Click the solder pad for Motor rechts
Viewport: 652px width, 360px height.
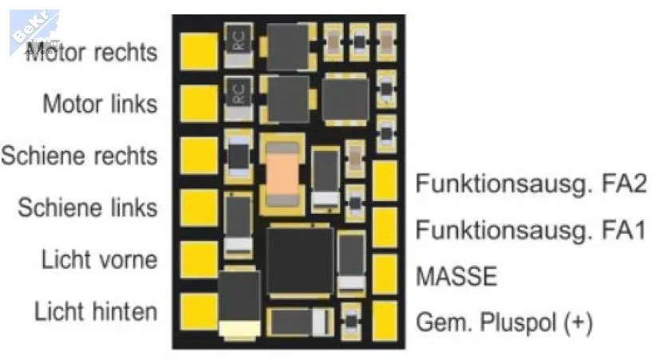tap(199, 52)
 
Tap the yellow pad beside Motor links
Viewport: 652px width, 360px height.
tap(199, 104)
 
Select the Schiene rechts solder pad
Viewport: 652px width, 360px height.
tap(199, 156)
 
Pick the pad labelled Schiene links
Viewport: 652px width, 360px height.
tap(199, 208)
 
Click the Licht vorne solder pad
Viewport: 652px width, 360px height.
tap(199, 259)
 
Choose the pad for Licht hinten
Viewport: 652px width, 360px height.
tap(199, 312)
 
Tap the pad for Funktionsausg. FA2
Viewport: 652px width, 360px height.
tap(385, 181)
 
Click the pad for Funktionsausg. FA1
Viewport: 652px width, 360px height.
tap(385, 227)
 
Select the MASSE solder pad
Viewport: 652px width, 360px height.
tap(385, 275)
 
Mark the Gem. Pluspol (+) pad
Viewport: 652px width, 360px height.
tap(385, 321)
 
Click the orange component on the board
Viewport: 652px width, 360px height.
tap(283, 174)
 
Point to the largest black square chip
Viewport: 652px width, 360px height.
tap(300, 261)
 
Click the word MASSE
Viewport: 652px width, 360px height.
tap(456, 276)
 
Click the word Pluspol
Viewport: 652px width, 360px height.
tap(518, 322)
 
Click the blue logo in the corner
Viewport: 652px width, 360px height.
tap(34, 31)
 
